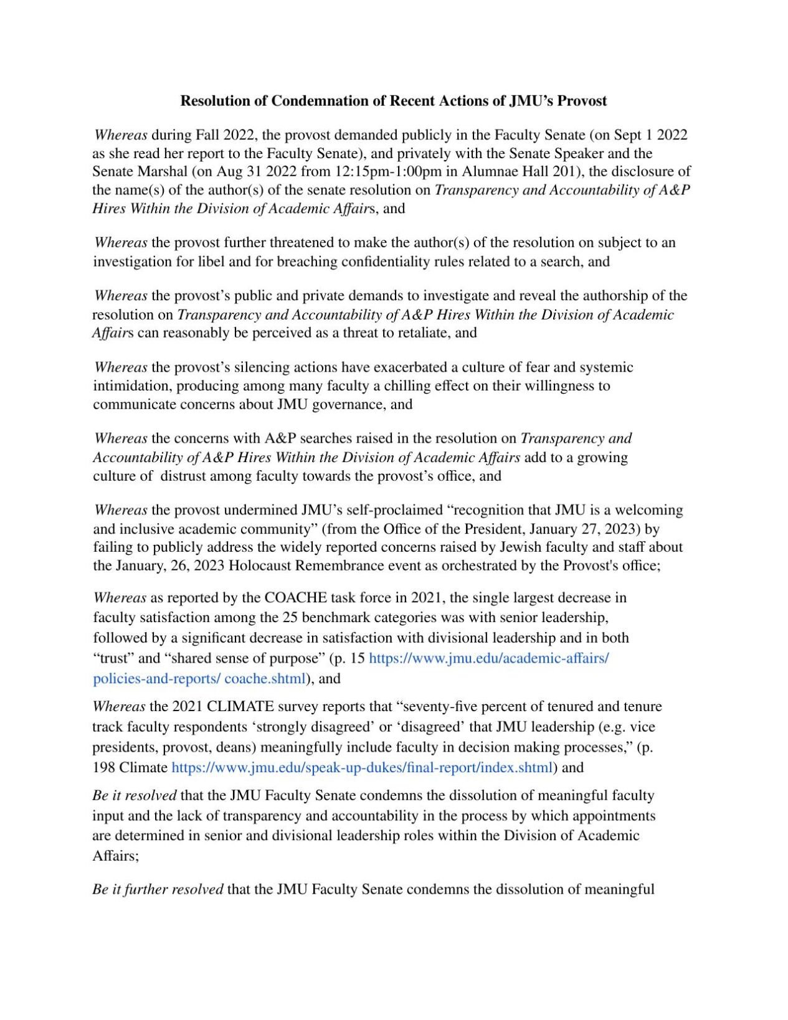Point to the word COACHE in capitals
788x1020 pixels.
296,598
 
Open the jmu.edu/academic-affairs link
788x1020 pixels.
489,659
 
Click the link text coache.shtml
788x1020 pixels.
265,679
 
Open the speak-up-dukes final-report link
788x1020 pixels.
362,768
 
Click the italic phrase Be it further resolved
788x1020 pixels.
158,889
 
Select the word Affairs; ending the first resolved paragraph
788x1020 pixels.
115,856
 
